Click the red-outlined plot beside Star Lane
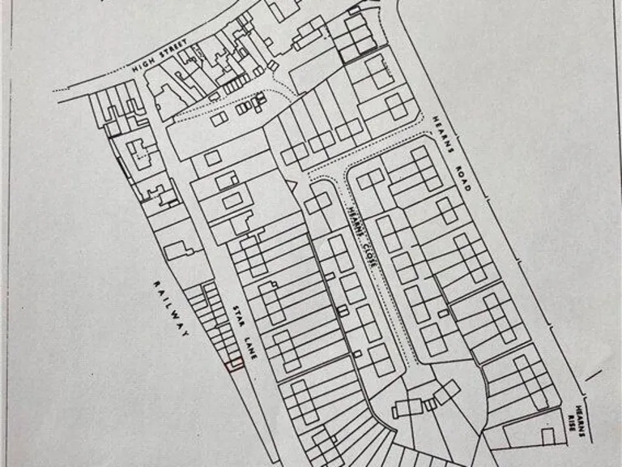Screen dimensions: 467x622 [x=235, y=365]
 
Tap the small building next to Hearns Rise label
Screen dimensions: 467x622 [x=547, y=436]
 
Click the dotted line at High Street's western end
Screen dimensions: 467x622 [x=62, y=88]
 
